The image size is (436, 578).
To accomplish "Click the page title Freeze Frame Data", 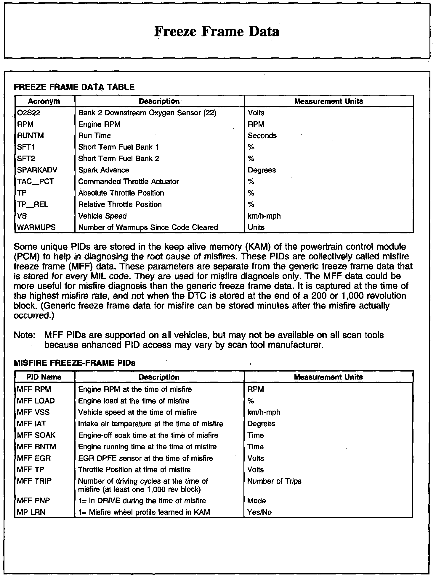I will (x=217, y=31).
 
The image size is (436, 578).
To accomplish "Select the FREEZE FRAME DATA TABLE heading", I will (x=74, y=87).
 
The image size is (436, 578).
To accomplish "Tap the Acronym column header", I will (x=44, y=101).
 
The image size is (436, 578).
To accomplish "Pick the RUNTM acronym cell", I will (x=31, y=136).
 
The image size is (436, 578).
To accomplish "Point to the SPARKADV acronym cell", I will (x=37, y=170).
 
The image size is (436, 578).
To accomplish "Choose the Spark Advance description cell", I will (x=104, y=170).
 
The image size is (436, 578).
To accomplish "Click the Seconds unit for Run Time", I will (x=262, y=136).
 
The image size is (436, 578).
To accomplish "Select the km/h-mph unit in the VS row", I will (x=264, y=216).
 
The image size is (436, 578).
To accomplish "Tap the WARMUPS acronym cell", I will (x=36, y=227).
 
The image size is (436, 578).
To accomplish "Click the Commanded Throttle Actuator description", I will (x=129, y=182).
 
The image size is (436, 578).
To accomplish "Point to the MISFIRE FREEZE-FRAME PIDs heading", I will (x=75, y=363).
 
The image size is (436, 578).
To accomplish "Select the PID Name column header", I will (x=44, y=377).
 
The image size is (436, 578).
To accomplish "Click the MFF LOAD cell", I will (x=36, y=401).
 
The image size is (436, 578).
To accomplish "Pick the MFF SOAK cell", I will (x=36, y=435).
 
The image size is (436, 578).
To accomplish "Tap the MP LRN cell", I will (x=31, y=512).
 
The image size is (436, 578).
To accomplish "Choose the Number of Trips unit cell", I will (x=274, y=481).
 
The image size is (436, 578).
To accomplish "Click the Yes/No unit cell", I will (x=259, y=512).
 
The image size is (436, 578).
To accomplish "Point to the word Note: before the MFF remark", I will (x=25, y=335).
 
